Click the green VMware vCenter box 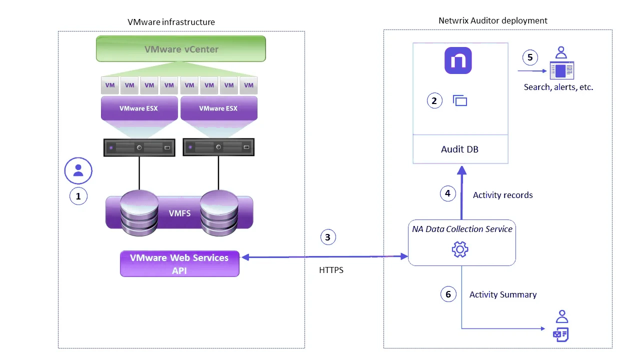[181, 49]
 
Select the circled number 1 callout [78, 196]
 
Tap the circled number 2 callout [434, 100]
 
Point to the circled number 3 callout [327, 237]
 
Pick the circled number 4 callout [447, 193]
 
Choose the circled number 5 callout [530, 57]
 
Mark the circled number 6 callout [448, 294]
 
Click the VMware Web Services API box [179, 264]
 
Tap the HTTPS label [331, 270]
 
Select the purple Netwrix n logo [458, 61]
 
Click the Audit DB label [459, 149]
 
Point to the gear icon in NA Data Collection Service [459, 249]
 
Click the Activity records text [502, 195]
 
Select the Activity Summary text [503, 294]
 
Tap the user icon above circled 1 [78, 171]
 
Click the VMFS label [180, 212]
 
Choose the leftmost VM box [110, 85]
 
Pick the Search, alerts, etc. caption [558, 87]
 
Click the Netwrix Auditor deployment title [492, 20]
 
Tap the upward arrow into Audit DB [461, 192]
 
